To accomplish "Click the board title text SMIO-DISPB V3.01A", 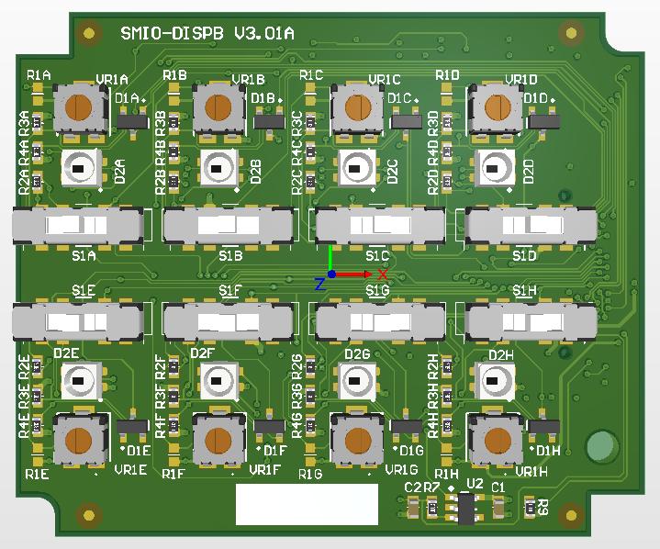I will coord(207,34).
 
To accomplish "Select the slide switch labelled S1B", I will coord(229,226).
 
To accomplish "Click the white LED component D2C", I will coord(355,168).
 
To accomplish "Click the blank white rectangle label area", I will coord(307,504).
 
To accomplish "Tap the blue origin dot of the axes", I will coord(331,274).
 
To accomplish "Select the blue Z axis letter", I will coord(319,285).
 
